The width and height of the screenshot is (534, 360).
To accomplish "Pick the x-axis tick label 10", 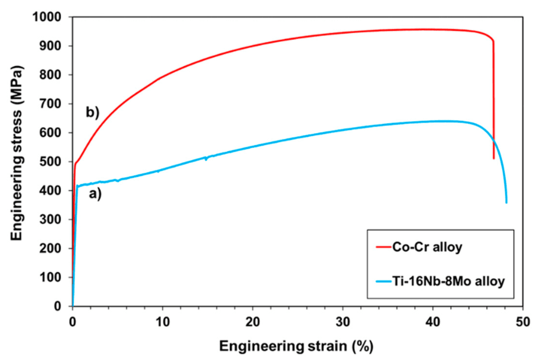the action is click(x=163, y=322).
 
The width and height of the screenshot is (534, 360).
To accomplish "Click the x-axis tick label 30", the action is click(x=343, y=322).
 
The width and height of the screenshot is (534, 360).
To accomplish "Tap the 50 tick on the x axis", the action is click(x=523, y=322).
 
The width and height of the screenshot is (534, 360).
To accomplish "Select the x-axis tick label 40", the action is click(x=432, y=322).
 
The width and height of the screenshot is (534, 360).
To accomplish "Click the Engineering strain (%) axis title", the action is click(x=296, y=346).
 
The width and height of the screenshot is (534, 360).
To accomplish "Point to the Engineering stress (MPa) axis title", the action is click(x=16, y=153).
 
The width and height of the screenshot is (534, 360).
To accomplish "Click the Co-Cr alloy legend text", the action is click(x=427, y=246).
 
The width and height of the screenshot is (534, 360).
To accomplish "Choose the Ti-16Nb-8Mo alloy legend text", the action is click(x=449, y=281).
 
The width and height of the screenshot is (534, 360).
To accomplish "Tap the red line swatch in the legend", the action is click(x=384, y=246).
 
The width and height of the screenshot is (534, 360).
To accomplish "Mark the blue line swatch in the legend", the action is click(x=384, y=281).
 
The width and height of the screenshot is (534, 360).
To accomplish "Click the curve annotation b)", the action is click(x=92, y=112).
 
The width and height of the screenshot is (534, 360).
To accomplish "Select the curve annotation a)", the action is click(x=95, y=194).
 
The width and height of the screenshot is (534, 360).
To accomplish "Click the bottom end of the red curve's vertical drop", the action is click(x=494, y=159).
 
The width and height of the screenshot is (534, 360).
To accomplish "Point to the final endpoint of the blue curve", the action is click(x=506, y=203).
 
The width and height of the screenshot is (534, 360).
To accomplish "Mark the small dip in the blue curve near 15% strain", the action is click(x=206, y=159).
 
